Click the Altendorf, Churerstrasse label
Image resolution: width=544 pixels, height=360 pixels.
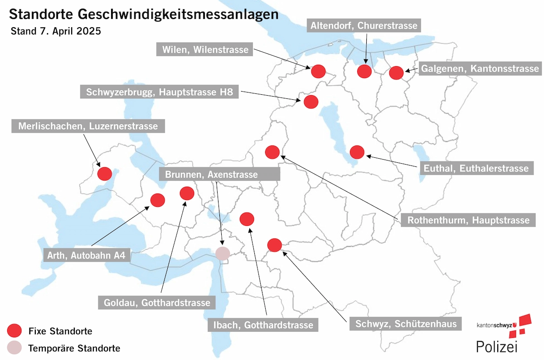click(364, 25)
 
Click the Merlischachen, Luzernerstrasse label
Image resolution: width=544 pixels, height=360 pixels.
click(88, 126)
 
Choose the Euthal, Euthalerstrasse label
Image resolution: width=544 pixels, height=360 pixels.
click(476, 168)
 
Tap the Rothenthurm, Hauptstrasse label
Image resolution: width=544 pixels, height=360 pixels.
click(468, 220)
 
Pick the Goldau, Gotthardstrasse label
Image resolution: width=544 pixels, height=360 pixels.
click(157, 302)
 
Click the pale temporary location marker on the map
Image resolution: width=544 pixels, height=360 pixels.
click(223, 253)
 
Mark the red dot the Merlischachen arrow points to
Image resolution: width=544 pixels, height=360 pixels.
click(105, 174)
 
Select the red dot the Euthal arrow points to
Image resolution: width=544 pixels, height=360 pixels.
click(357, 152)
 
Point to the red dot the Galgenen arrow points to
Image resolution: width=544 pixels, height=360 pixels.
click(396, 73)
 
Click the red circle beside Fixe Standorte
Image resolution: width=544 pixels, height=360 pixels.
click(15, 331)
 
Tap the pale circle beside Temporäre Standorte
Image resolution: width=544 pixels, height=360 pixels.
click(15, 348)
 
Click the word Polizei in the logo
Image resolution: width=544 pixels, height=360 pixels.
click(496, 346)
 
